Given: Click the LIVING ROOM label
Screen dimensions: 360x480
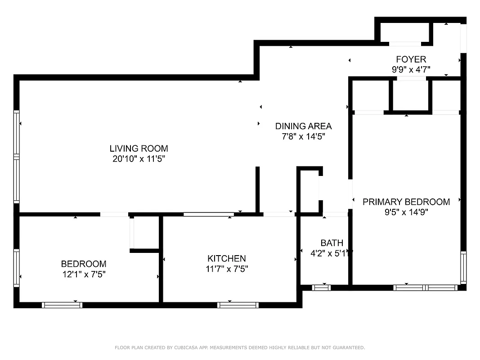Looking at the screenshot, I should (139, 148).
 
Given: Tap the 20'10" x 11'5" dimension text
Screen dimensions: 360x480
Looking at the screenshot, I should (139, 159).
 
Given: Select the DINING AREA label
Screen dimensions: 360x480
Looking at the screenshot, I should (303, 126).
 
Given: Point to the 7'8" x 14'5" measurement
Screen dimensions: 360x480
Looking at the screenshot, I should (303, 136).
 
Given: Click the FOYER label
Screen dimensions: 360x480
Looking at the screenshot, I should (411, 59).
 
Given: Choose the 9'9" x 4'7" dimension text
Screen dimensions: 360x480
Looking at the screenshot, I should (411, 69).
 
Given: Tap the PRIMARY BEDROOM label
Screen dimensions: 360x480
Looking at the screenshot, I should (406, 202).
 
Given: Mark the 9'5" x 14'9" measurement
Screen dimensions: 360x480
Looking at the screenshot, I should (406, 212).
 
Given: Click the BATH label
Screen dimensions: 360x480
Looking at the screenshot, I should (332, 243).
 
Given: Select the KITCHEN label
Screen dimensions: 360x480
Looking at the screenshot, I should (227, 258).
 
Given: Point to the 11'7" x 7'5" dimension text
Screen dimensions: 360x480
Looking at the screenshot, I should (227, 269).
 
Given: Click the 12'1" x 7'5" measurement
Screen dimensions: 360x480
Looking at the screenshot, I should (84, 274).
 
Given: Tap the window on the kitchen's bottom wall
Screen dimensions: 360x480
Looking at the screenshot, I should (238, 305).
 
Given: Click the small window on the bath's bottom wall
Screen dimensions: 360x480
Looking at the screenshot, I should (321, 288).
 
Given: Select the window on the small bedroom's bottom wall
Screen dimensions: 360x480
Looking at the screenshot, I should (62, 305).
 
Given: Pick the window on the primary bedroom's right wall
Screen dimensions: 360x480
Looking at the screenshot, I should (463, 267).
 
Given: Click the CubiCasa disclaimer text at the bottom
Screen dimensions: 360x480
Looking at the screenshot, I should (240, 347).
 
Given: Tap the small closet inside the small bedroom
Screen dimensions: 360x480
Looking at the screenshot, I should (145, 232).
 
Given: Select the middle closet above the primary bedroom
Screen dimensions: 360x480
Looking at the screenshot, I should (410, 95).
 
